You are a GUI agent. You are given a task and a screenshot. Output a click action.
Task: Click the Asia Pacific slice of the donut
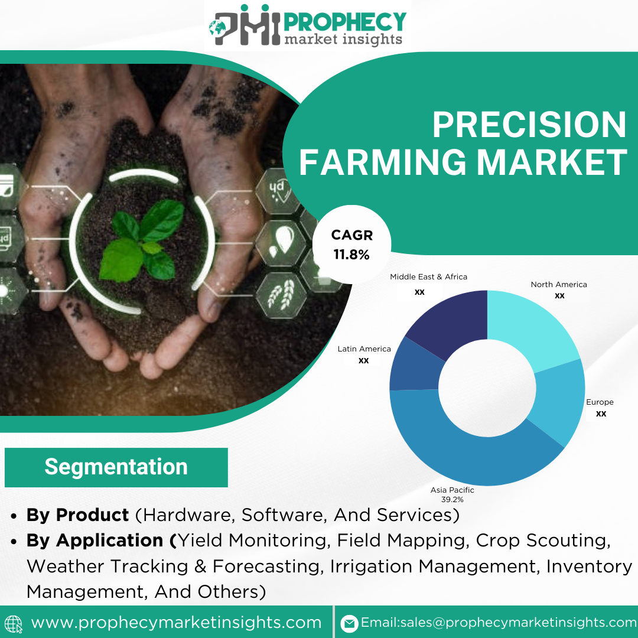click(x=468, y=455)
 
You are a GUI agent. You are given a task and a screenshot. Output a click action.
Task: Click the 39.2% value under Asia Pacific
click(x=452, y=499)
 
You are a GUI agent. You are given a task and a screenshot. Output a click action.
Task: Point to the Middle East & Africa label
click(x=428, y=276)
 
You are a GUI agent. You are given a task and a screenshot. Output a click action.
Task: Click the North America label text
click(x=559, y=284)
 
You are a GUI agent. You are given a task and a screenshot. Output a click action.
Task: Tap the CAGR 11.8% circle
click(x=351, y=245)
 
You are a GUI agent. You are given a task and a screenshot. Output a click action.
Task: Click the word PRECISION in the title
click(x=529, y=125)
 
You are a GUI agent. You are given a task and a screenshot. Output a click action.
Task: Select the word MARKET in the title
click(x=552, y=162)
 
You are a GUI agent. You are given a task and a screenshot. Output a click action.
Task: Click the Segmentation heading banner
click(x=116, y=467)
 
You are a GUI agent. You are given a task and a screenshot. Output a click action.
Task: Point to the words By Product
click(x=78, y=515)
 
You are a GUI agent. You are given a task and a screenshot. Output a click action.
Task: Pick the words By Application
click(x=95, y=541)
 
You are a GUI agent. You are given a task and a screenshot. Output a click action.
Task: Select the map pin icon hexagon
click(x=281, y=243)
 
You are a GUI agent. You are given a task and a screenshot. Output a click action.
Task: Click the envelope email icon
click(x=349, y=623)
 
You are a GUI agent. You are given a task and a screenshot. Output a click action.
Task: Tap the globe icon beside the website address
click(x=13, y=624)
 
